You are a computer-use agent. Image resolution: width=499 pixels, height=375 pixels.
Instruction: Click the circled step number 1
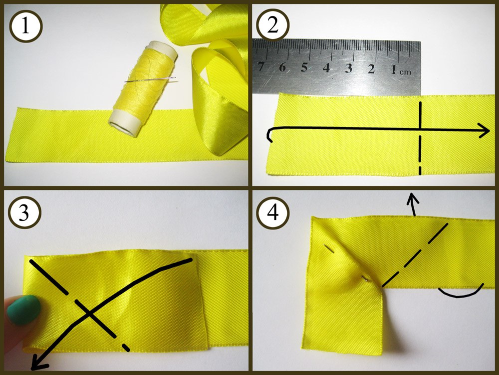coord(26,26)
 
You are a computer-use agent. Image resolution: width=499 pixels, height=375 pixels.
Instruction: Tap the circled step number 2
coord(273,26)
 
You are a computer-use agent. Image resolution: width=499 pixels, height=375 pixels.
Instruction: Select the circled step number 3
coord(24,212)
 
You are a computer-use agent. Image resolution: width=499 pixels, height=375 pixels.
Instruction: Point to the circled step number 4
coord(273,212)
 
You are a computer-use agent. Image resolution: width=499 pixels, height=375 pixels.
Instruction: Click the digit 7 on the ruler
coord(261,66)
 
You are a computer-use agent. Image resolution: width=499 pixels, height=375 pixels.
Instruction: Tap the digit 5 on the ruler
coord(304,67)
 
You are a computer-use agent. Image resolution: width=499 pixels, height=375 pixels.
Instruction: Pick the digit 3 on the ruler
coord(349,68)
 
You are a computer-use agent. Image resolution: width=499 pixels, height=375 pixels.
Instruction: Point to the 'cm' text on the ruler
coord(405,71)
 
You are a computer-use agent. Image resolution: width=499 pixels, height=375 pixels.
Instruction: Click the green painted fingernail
coord(24,309)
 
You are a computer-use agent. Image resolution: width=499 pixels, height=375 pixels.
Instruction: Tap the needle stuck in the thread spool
coord(150,79)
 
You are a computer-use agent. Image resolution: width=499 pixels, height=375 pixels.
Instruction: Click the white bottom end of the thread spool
coord(123,123)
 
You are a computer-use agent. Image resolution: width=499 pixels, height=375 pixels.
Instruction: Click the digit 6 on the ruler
coord(282,67)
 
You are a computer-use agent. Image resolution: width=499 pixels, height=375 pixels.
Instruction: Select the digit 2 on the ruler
coord(371,68)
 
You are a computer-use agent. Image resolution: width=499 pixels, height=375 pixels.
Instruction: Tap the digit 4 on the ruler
coord(326,67)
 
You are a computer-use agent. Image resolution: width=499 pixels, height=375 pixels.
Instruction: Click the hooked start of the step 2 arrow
coord(269,134)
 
